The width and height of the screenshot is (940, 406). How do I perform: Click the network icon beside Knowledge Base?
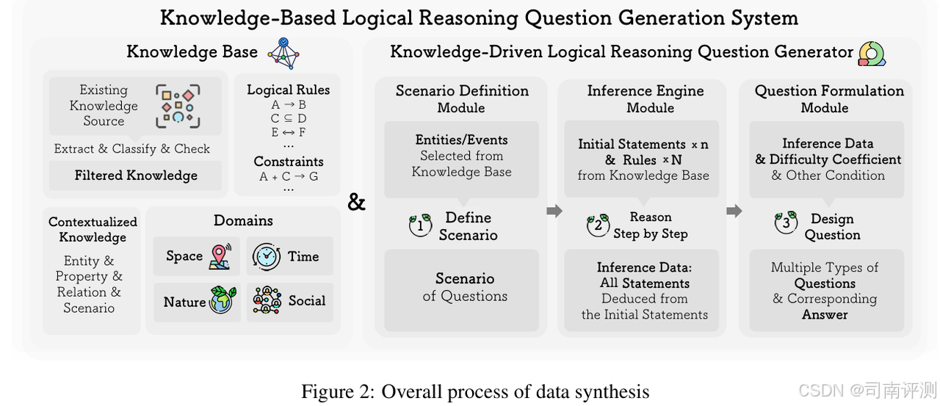(283, 54)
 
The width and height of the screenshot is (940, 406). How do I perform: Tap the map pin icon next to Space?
(220, 255)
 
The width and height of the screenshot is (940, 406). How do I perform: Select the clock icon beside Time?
(266, 255)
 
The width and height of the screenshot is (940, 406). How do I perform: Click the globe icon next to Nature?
(222, 301)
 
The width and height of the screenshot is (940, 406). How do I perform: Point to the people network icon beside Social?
(267, 301)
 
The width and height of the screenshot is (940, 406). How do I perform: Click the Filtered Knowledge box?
(136, 175)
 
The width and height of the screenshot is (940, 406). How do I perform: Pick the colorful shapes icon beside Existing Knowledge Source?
(178, 104)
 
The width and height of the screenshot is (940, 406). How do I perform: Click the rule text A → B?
(288, 105)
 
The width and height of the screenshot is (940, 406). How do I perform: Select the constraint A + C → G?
(288, 176)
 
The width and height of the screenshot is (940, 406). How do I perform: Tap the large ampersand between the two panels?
(356, 202)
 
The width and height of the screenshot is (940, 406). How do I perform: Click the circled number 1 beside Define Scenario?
(420, 225)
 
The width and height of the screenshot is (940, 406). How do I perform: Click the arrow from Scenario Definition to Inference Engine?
(554, 211)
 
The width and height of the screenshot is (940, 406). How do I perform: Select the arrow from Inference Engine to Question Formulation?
(734, 211)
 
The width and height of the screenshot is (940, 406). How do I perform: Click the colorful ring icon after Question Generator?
(872, 54)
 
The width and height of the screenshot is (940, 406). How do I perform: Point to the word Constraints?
(288, 162)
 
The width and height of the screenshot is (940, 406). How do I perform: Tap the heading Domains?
(243, 220)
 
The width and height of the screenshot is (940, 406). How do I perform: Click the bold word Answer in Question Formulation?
(825, 314)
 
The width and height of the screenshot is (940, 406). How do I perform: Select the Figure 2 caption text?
(475, 391)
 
